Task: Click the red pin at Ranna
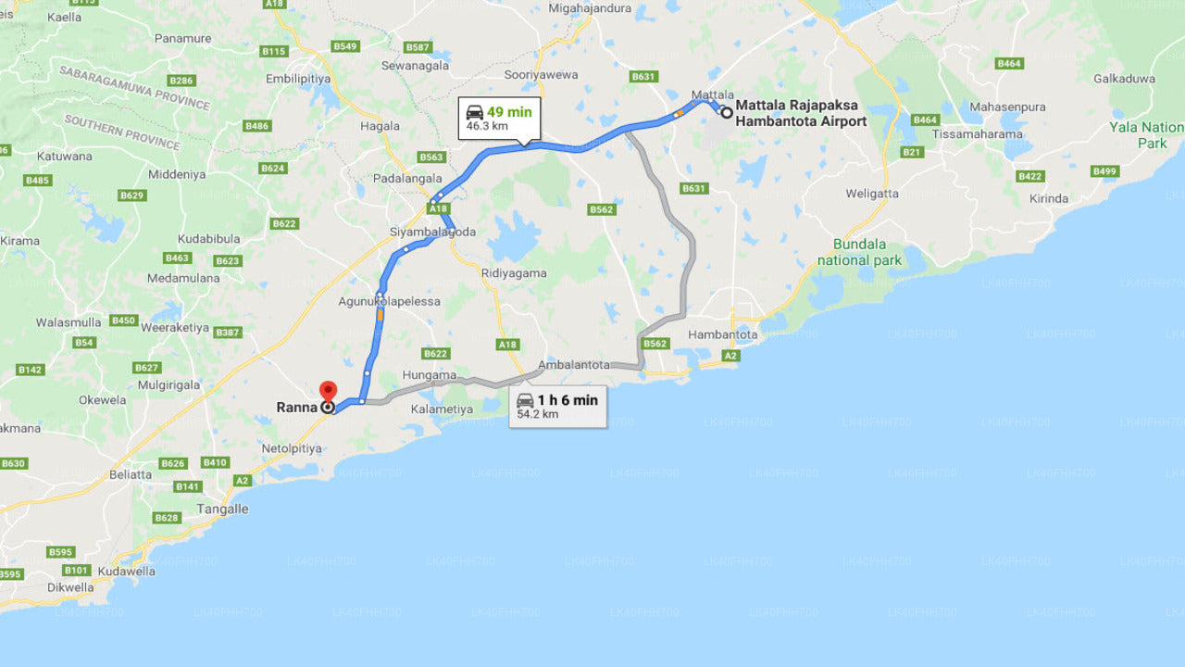[x=328, y=392]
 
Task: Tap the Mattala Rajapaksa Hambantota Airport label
[x=801, y=113]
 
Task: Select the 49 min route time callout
[x=499, y=118]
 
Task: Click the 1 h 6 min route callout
[x=557, y=406]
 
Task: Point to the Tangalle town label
[x=222, y=509]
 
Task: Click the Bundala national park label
[x=859, y=252]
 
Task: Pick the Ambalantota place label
[x=574, y=365]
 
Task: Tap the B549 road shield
[x=345, y=46]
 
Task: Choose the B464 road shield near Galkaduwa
[x=1009, y=63]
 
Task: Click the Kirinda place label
[x=1048, y=198]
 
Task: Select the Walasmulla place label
[x=69, y=322]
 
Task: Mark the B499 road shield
[x=1104, y=171]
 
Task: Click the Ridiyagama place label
[x=514, y=273]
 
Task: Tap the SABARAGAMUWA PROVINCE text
[x=134, y=87]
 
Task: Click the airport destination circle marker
[x=727, y=113]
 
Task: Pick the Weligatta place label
[x=872, y=194]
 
